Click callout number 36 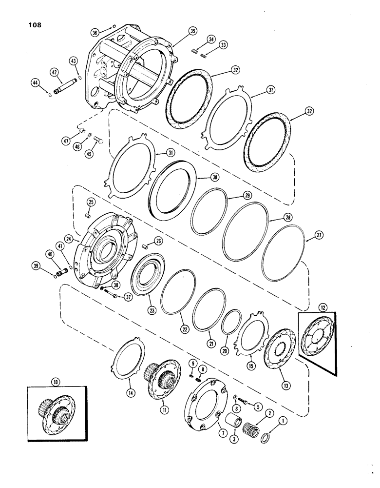pyautogui.click(x=95, y=32)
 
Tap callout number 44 pyautogui.click(x=36, y=83)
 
